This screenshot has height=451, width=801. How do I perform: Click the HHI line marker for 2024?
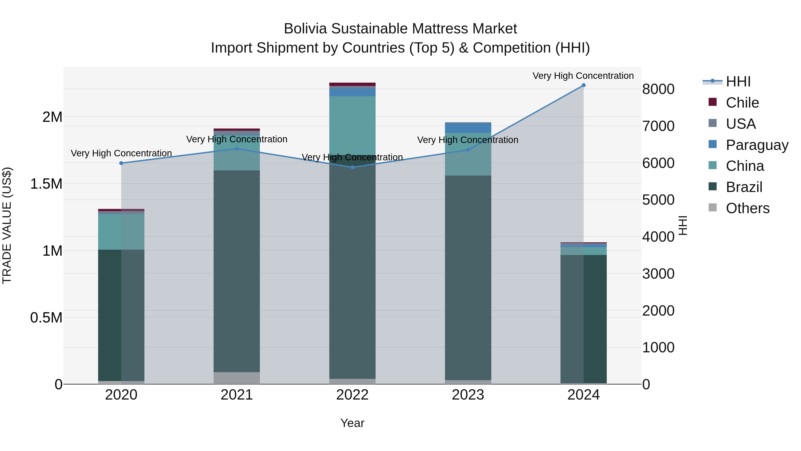pos(583,85)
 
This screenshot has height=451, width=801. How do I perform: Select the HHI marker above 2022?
pos(352,167)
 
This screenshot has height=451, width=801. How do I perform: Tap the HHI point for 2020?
pos(121,163)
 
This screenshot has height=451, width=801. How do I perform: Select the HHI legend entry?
pos(738,82)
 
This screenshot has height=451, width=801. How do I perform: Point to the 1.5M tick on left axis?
pos(46,184)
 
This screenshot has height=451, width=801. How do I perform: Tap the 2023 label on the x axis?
pos(468,395)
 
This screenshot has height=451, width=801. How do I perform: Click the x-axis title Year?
pos(352,423)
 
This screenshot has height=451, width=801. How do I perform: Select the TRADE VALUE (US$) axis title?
pos(7,225)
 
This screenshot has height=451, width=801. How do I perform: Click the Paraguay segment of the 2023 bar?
pos(468,128)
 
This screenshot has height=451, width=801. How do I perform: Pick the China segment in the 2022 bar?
pos(352,124)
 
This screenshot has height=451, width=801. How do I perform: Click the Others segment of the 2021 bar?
pos(237,378)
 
